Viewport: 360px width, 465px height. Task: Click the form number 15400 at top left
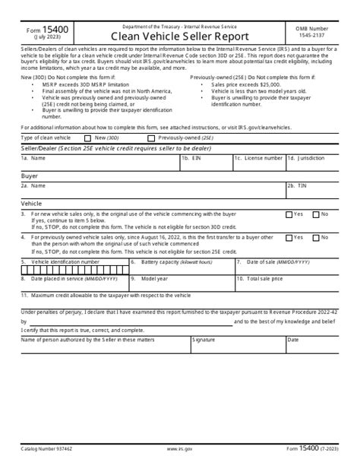[x=36, y=29]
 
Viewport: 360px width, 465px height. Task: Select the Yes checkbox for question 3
[x=289, y=215]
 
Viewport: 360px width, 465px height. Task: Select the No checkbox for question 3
[x=317, y=215]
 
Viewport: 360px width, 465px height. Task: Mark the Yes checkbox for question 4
[x=289, y=237]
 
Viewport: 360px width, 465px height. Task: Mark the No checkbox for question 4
[x=317, y=237]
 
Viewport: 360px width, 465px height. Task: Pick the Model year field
[x=181, y=283]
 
